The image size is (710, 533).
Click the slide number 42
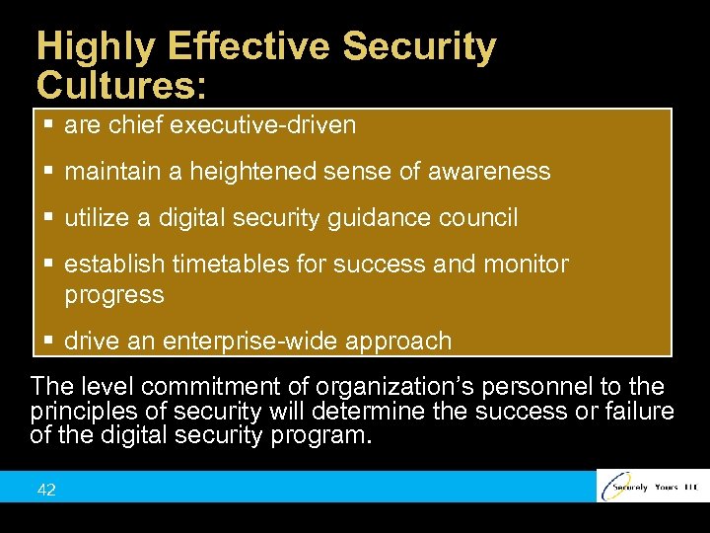45,490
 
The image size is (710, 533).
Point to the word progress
113,294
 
